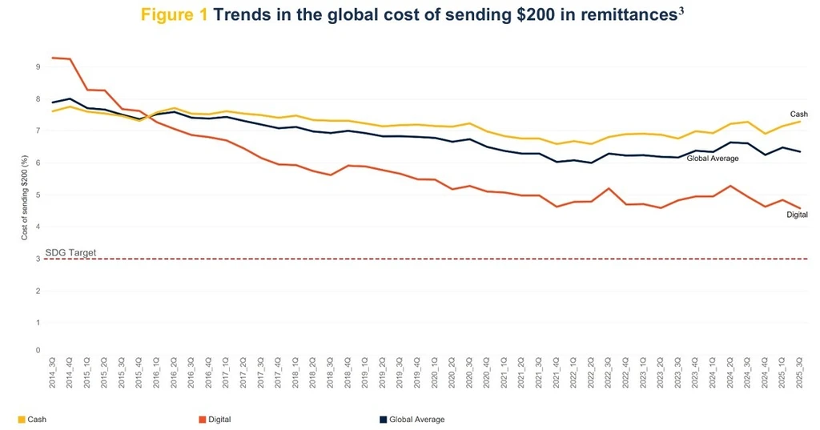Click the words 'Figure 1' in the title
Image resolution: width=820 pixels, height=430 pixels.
point(174,14)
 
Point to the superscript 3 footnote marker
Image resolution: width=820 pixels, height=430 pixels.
point(681,11)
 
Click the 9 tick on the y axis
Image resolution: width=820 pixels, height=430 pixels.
point(38,67)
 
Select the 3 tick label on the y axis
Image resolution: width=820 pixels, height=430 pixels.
point(38,259)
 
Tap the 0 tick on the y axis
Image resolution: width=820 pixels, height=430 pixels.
point(38,350)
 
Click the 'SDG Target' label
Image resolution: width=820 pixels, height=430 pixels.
point(70,253)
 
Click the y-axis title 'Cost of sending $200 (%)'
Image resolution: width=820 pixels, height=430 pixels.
point(24,198)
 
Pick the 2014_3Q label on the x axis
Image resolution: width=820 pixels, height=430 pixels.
point(52,372)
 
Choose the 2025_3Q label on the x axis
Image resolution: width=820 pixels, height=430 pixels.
point(799,372)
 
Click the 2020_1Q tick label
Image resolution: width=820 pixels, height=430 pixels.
point(434,372)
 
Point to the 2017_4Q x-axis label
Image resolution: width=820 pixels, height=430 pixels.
point(278,372)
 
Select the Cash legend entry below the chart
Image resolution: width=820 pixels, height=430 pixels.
point(32,420)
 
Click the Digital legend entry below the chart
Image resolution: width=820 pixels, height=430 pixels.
point(215,420)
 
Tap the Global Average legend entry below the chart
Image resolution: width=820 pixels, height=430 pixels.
point(412,420)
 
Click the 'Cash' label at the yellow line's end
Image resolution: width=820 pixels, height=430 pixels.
point(798,114)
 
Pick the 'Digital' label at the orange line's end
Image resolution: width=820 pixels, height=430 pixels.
point(797,215)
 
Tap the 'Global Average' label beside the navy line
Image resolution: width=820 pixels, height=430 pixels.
point(712,159)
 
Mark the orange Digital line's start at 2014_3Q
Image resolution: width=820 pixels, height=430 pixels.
point(53,58)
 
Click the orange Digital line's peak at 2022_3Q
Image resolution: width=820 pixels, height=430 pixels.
point(609,188)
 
